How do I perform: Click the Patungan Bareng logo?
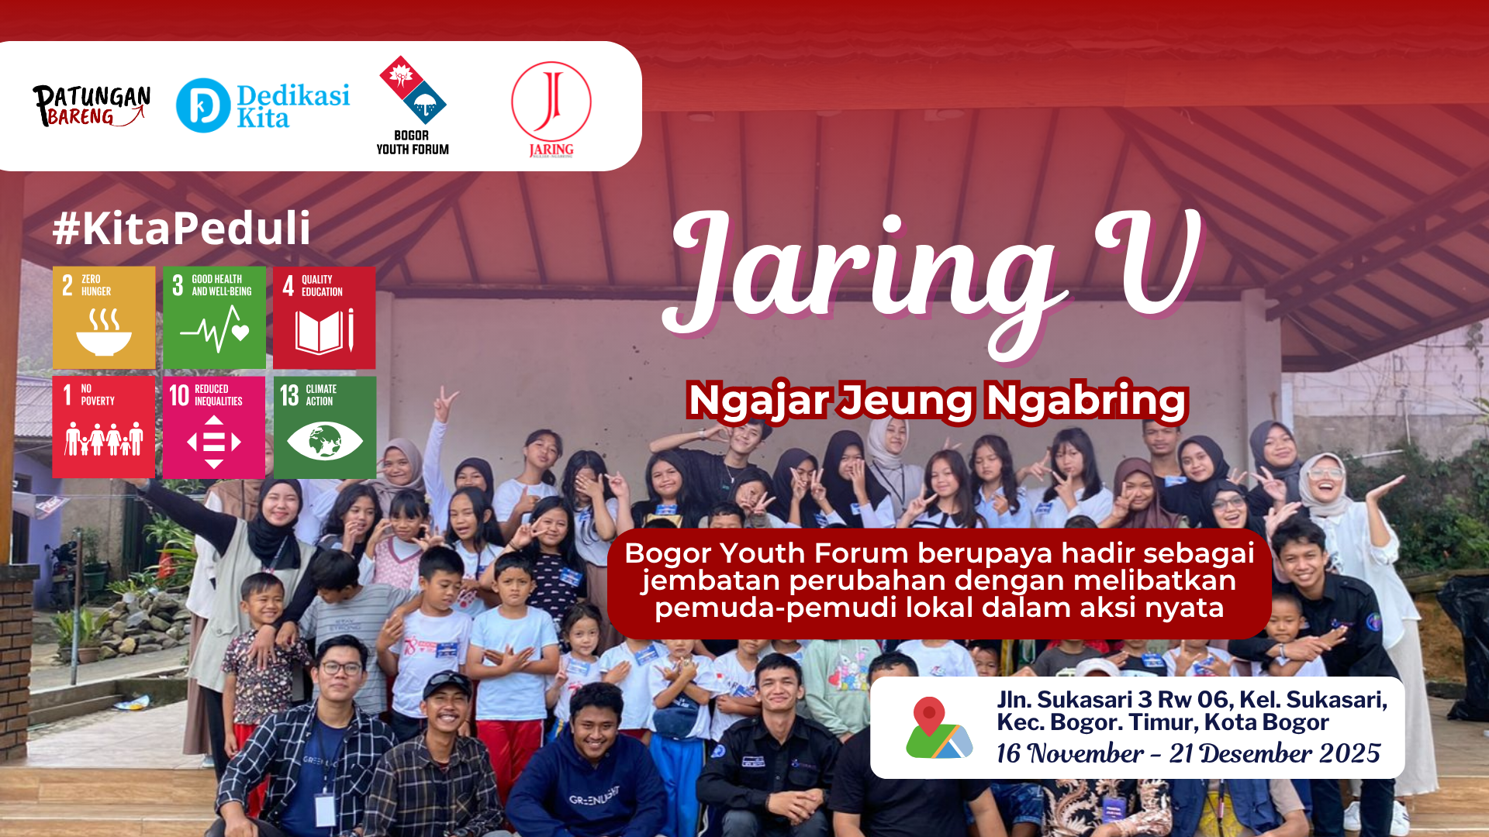[x=92, y=105]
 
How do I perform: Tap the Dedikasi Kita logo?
[x=263, y=105]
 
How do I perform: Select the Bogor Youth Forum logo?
[x=413, y=105]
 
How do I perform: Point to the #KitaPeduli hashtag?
[x=181, y=229]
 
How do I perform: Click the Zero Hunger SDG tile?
[x=104, y=318]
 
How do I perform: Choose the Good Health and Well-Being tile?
[x=214, y=318]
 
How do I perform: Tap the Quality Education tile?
[x=324, y=318]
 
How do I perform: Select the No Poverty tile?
[x=104, y=427]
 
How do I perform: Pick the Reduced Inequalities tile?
[x=214, y=427]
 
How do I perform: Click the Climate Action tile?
[x=324, y=427]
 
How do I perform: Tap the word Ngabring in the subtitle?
[x=1087, y=401]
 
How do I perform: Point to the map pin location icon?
[x=938, y=728]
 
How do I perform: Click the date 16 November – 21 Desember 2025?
[x=1188, y=753]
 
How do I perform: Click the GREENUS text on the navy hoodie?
[x=594, y=797]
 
